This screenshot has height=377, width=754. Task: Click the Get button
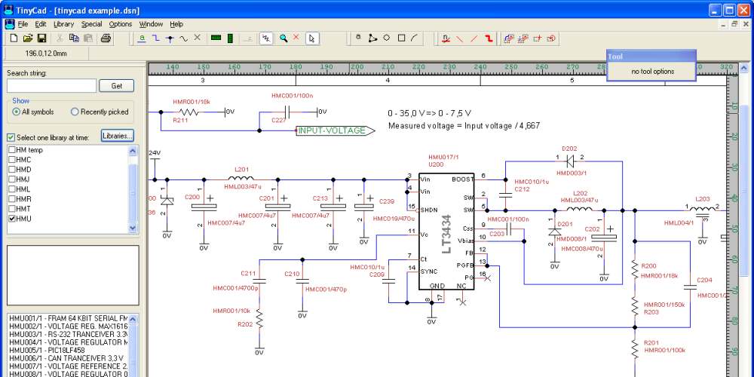coord(116,86)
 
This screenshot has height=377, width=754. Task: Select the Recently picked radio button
coord(75,112)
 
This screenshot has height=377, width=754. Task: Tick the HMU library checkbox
coord(12,219)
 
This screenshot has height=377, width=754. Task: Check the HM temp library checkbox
coord(12,150)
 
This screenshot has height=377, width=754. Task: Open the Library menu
coord(63,24)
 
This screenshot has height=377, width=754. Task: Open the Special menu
coord(91,24)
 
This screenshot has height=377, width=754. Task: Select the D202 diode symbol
coord(570,161)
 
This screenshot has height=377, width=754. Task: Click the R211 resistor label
coord(180,120)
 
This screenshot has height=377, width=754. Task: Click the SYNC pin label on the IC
coord(428,271)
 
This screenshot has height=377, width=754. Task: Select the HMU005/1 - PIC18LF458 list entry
coord(47,351)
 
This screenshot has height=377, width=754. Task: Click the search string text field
coord(51,86)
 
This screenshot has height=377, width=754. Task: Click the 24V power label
coord(155,153)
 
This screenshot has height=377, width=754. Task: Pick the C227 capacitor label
coord(278,120)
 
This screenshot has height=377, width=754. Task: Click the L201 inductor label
coord(241,170)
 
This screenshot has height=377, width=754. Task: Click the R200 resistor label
coord(649,266)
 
